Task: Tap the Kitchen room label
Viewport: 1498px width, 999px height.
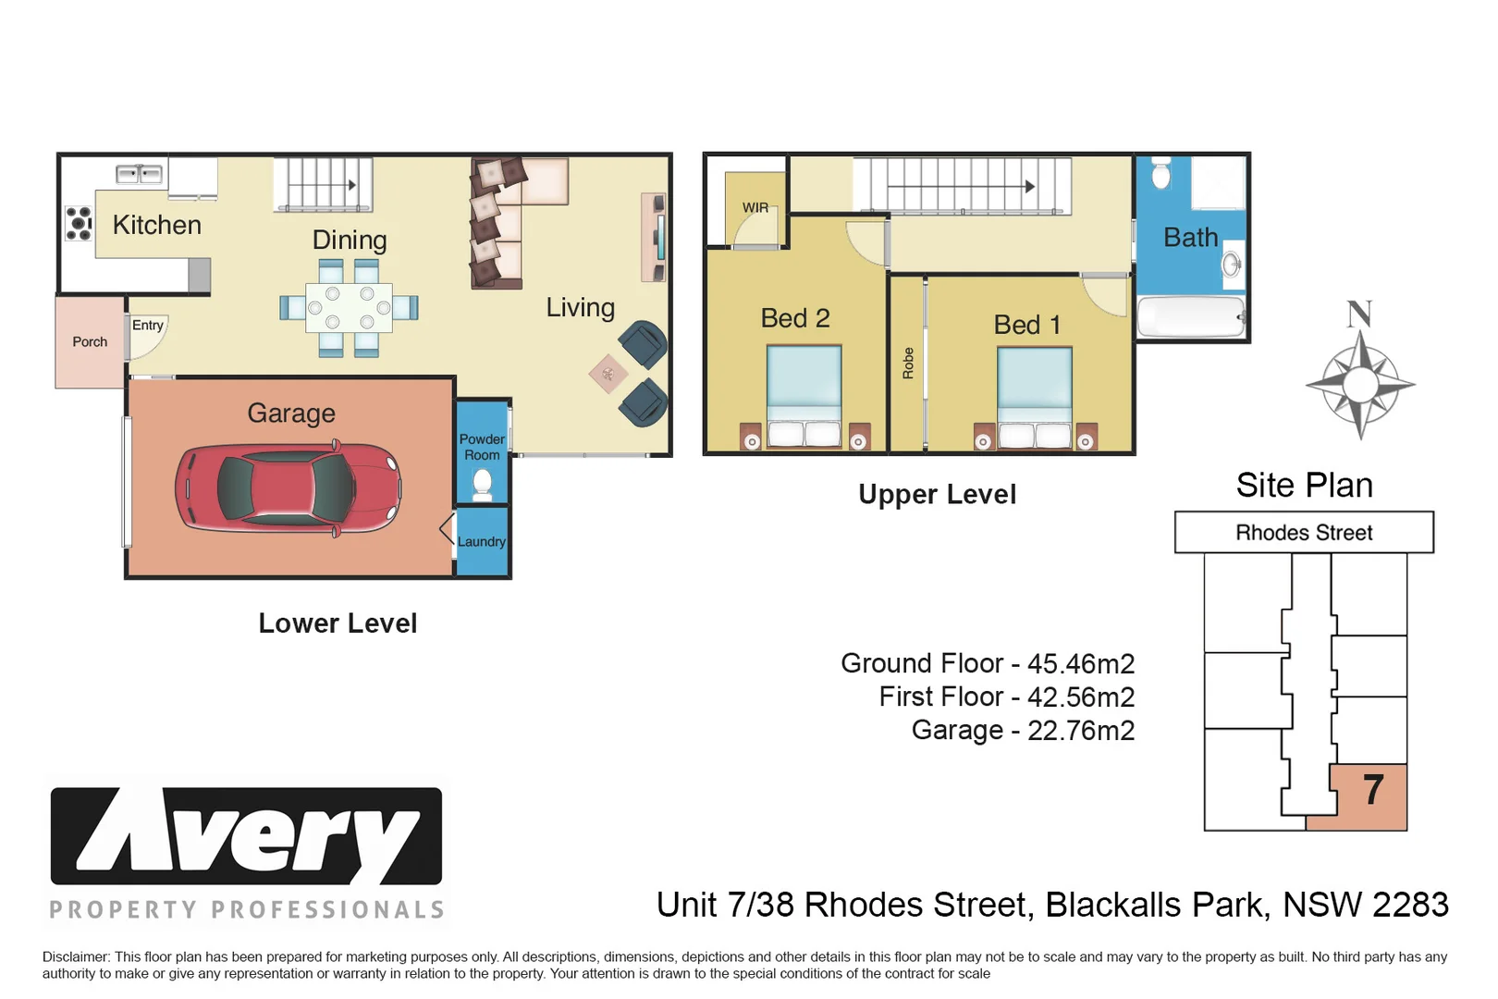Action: click(156, 225)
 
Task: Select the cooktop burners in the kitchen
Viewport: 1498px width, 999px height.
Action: click(79, 223)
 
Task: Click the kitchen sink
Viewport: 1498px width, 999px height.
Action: click(139, 175)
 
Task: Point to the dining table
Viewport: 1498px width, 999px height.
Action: click(350, 308)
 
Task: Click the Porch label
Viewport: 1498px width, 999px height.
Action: click(90, 342)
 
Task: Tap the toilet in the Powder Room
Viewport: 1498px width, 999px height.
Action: click(482, 484)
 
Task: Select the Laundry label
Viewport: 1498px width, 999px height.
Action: click(482, 541)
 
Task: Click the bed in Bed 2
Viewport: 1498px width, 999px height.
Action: click(804, 396)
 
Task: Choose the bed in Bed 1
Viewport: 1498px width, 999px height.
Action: click(1035, 398)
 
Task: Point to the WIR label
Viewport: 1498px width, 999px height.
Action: click(755, 207)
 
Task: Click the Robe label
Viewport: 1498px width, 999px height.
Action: click(907, 364)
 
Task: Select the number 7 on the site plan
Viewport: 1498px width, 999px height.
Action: click(1373, 790)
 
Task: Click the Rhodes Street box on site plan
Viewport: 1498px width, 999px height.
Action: click(1304, 533)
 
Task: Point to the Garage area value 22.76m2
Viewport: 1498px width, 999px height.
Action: click(1081, 731)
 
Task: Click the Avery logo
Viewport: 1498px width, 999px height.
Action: click(246, 836)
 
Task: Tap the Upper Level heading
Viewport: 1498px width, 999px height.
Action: click(937, 495)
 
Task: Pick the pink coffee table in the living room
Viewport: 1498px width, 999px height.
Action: click(608, 374)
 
